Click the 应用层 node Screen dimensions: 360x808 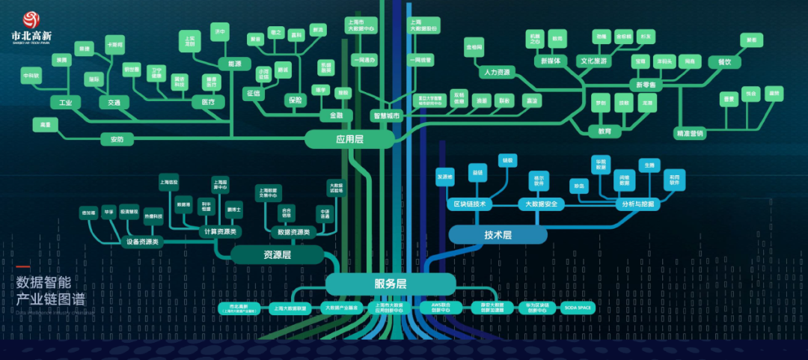(x=349, y=138)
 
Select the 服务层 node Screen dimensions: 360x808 (x=390, y=284)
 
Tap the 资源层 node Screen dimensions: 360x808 (x=277, y=255)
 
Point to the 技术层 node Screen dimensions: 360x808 (x=498, y=235)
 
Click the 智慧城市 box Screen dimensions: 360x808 (x=387, y=116)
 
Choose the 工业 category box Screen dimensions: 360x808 (x=65, y=102)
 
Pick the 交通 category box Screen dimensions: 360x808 (x=114, y=102)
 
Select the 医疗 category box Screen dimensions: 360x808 (x=208, y=102)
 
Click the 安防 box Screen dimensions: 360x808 (x=117, y=139)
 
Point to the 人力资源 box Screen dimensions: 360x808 (x=497, y=73)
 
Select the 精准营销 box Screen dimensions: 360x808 (x=689, y=134)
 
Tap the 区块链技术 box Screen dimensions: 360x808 (x=470, y=204)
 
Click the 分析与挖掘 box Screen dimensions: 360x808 (x=638, y=204)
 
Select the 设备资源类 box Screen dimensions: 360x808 (x=142, y=242)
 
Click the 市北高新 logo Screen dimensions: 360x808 (x=31, y=28)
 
